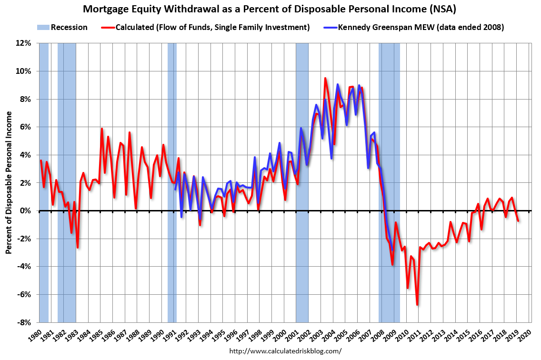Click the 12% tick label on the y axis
pos(23,43)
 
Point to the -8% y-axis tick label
pos(24,322)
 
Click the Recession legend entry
pos(69,27)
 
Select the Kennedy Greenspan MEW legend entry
pos(421,27)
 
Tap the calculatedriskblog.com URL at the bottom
pos(285,351)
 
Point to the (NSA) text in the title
pos(448,9)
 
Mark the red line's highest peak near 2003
pos(325,78)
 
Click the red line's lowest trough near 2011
pos(417,305)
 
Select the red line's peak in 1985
pos(102,129)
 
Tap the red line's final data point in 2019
pos(518,220)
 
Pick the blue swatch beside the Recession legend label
pos(43,27)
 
